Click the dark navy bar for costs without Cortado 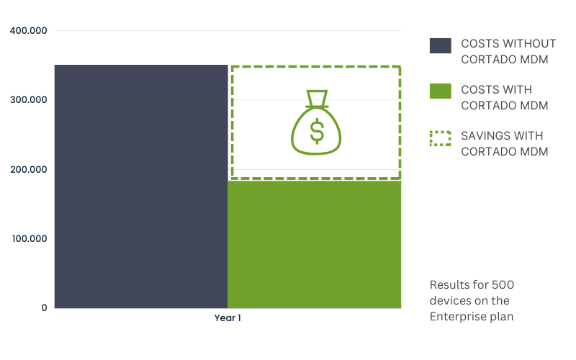[141, 186]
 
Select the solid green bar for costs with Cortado [315, 244]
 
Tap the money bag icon [316, 122]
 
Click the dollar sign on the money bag [317, 131]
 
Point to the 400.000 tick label [28, 30]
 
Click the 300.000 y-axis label [29, 99]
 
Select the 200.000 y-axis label [29, 169]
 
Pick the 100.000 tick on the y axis [30, 238]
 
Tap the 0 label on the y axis [44, 308]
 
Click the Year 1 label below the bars [228, 318]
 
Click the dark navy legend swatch [441, 45]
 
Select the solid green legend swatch [441, 91]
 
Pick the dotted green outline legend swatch [441, 138]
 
